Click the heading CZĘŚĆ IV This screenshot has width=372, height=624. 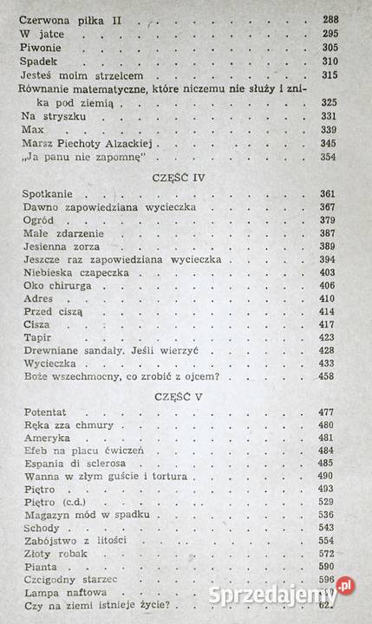[x=176, y=174]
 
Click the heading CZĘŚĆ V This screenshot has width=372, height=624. [x=176, y=398]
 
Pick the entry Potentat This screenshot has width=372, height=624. [x=42, y=412]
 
